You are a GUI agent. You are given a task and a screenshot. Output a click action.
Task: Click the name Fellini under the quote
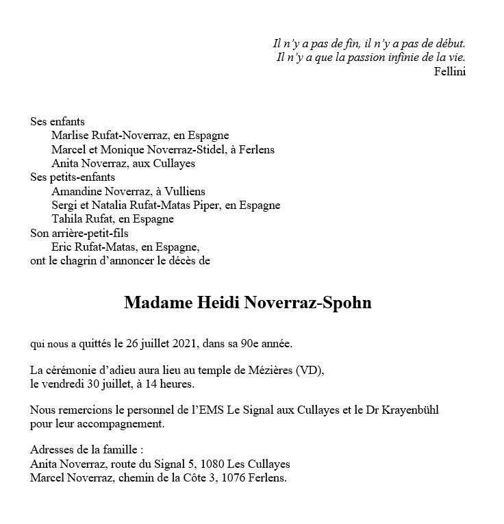(449, 72)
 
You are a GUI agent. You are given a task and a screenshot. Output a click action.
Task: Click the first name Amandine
(76, 191)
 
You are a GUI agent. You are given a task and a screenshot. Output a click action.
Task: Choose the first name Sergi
(64, 205)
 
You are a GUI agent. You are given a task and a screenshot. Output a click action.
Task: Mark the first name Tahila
(68, 219)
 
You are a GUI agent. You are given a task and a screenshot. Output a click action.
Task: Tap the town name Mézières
(268, 371)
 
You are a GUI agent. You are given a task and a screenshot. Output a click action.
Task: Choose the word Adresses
(53, 450)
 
